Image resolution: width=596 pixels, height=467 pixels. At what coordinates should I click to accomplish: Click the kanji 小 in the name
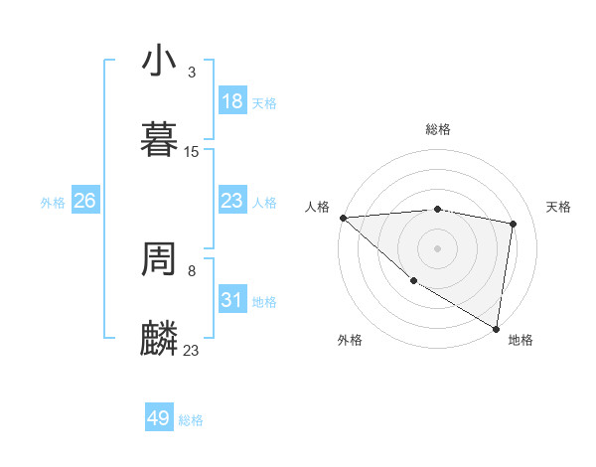(159, 62)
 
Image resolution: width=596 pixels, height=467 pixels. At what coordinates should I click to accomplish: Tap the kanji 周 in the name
(159, 259)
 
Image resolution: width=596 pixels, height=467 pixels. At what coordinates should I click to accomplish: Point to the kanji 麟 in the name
(159, 339)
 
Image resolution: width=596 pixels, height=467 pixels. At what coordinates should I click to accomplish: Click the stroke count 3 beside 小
(192, 73)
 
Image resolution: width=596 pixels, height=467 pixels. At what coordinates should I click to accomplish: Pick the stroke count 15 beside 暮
(192, 152)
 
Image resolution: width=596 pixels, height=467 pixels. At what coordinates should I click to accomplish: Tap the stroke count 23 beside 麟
(192, 350)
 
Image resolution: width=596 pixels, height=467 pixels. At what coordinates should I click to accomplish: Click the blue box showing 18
(231, 101)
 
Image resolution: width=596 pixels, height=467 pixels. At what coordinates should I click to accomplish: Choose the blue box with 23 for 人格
(231, 201)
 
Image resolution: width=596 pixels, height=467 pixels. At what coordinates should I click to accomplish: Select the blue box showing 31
(231, 300)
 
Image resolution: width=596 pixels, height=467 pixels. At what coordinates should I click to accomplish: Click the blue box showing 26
(84, 201)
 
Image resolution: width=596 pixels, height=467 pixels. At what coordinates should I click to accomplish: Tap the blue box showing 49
(159, 418)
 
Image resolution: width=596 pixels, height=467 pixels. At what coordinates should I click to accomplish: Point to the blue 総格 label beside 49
(191, 420)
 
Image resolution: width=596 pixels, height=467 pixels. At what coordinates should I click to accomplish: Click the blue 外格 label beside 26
(53, 203)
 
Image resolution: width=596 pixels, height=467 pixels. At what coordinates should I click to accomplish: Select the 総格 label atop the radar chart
(438, 129)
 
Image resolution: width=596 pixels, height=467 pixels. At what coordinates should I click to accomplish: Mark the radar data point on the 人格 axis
(343, 218)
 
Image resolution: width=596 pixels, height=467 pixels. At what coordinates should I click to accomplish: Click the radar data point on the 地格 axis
(497, 328)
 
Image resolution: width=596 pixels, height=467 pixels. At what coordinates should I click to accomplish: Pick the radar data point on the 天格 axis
(514, 224)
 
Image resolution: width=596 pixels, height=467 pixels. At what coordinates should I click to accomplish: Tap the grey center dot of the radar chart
(437, 247)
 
